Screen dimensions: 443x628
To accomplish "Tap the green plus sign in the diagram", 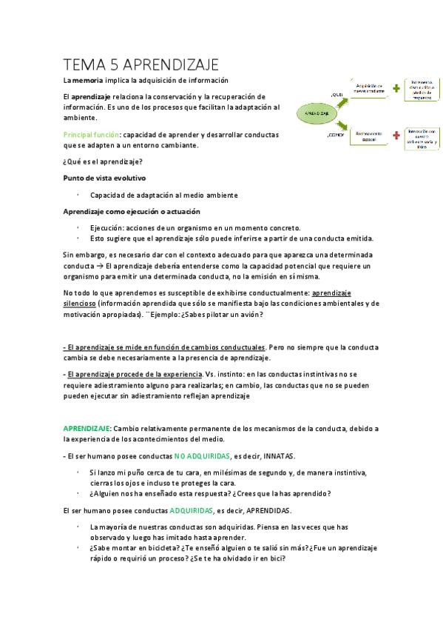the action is pyautogui.click(x=396, y=88).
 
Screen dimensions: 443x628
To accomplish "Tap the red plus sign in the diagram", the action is pyautogui.click(x=396, y=136).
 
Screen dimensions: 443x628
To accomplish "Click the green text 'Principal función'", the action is pyautogui.click(x=90, y=136).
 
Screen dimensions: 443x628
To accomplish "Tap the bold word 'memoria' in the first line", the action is pyautogui.click(x=87, y=80).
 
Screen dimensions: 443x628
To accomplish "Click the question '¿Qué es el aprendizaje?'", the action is pyautogui.click(x=103, y=161).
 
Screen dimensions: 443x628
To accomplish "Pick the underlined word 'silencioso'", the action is pyautogui.click(x=80, y=303).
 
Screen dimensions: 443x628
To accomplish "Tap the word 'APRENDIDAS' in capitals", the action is pyautogui.click(x=267, y=511).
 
